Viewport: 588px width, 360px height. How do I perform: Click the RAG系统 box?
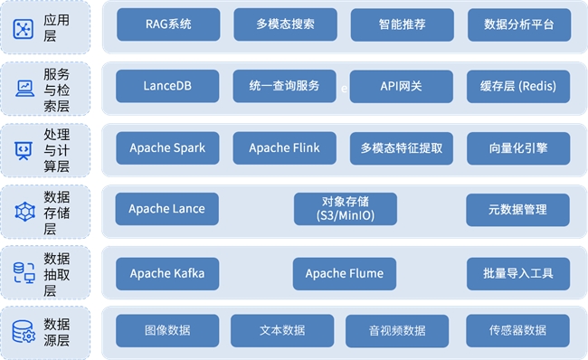[167, 25]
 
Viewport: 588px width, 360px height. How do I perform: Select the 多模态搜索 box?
[285, 25]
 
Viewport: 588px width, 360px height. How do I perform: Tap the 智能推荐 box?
[402, 25]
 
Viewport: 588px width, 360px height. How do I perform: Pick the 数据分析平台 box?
[519, 25]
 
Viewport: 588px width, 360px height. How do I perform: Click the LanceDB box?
[167, 87]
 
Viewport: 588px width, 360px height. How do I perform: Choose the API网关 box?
[402, 87]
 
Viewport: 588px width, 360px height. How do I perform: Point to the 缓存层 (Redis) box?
[519, 87]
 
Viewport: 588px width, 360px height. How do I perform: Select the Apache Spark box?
[167, 148]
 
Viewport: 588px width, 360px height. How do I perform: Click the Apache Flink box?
[285, 148]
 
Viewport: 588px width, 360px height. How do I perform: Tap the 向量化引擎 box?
[519, 148]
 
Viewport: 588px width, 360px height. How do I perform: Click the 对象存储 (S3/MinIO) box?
[345, 210]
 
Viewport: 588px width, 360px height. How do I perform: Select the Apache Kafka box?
[167, 273]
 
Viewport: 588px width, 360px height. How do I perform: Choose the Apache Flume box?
[345, 273]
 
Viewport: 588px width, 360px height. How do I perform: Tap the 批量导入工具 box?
[519, 273]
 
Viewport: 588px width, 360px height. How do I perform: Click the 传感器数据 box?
[518, 331]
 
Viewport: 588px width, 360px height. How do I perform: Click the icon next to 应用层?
[24, 29]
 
